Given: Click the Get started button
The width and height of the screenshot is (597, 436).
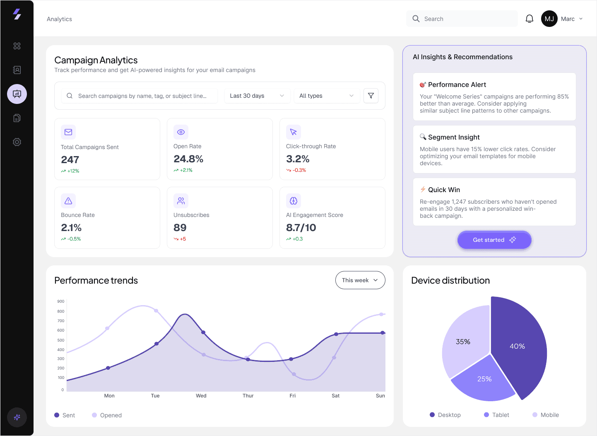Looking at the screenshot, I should click(x=494, y=240).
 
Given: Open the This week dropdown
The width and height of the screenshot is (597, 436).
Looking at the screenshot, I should click(x=360, y=280).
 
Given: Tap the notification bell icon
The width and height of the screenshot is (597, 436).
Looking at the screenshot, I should click(x=529, y=19).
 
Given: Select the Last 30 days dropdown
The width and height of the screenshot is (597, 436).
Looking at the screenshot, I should click(x=257, y=96).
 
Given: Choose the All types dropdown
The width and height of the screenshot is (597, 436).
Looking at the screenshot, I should click(x=326, y=96).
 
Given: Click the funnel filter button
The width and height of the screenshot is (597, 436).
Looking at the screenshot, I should click(x=371, y=96).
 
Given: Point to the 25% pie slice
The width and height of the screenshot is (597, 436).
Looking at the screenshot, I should click(x=484, y=379).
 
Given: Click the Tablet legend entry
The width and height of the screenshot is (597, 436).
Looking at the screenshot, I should click(x=496, y=415).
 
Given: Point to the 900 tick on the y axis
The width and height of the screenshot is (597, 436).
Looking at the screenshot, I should click(x=61, y=301).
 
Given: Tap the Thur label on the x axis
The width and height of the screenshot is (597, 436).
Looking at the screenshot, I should click(x=248, y=396).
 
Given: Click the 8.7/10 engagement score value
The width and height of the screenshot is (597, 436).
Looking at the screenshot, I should click(x=301, y=228).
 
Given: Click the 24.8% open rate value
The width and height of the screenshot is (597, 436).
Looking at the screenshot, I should click(x=188, y=159).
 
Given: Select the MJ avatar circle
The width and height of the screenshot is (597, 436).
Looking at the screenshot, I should click(x=549, y=19).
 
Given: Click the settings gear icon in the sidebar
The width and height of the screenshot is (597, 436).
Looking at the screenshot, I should click(x=17, y=142).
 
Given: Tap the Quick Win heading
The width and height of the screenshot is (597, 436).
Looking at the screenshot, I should click(x=444, y=190).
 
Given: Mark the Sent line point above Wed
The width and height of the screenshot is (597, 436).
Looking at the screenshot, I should click(x=203, y=332).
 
